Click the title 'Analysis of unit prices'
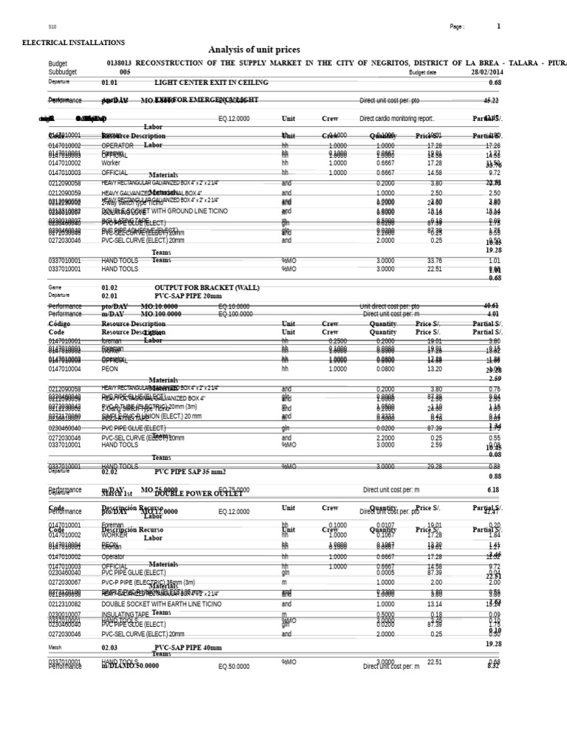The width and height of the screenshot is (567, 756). click(254, 49)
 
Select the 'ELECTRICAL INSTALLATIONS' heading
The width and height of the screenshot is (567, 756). click(73, 43)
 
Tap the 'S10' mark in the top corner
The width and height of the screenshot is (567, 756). click(52, 27)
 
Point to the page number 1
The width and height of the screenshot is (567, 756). click(498, 27)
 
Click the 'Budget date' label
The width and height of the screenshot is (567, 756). click(422, 72)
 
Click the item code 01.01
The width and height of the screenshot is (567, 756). click(109, 83)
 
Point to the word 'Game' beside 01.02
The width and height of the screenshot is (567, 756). click(55, 287)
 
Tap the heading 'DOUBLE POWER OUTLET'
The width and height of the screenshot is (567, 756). click(199, 492)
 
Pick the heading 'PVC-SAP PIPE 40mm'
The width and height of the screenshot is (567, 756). click(188, 647)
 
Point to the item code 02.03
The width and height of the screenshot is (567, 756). click(109, 647)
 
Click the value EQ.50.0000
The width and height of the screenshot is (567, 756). click(236, 665)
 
